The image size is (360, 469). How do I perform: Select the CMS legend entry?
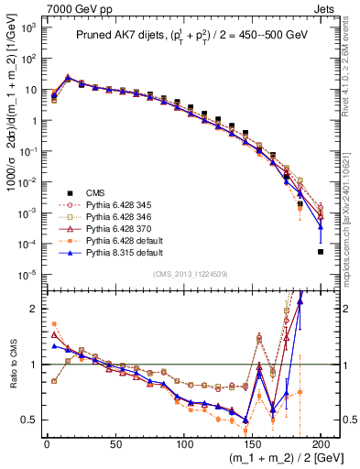tap(94, 192)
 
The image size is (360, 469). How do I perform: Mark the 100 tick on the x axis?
tap(183, 443)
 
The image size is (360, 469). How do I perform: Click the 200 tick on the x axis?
tap(321, 443)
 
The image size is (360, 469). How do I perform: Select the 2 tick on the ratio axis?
tap(35, 309)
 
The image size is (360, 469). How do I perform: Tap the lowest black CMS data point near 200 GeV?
tap(321, 252)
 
